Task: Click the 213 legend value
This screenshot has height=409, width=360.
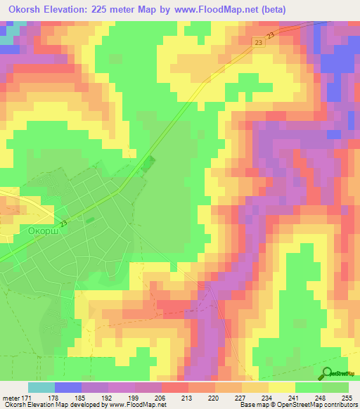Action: click(188, 398)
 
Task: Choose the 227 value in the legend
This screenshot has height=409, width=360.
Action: click(241, 398)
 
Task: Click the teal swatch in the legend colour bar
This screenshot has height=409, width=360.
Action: click(41, 387)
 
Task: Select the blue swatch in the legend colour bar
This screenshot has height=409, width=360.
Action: click(67, 387)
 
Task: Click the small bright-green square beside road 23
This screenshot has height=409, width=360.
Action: click(146, 164)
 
